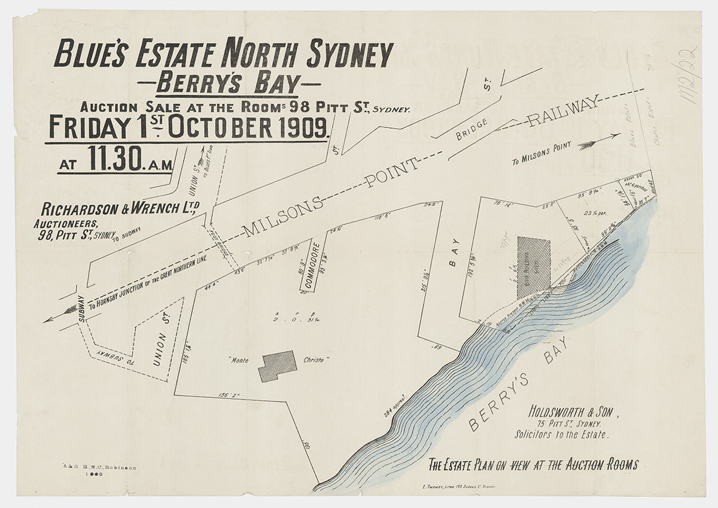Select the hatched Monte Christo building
[277, 366]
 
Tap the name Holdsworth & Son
[573, 412]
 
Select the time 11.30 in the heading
[114, 159]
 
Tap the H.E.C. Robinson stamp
[99, 467]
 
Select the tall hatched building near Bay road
[533, 267]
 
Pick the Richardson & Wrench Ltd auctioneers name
[120, 209]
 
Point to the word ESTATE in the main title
[174, 54]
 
